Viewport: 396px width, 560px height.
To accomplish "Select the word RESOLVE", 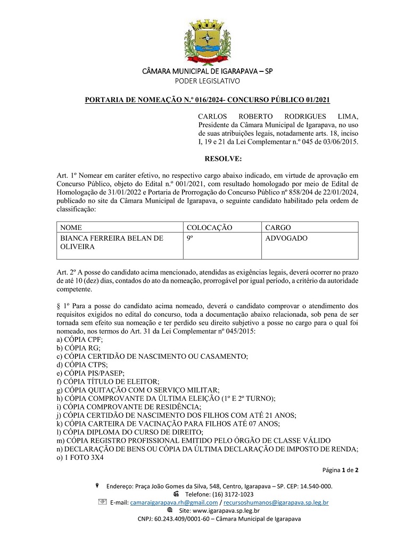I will pyautogui.click(x=223, y=158).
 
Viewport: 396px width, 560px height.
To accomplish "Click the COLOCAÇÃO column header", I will pyautogui.click(x=209, y=227).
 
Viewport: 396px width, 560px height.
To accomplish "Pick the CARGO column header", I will pyautogui.click(x=278, y=227).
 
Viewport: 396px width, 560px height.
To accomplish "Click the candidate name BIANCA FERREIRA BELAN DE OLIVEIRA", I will pyautogui.click(x=112, y=242).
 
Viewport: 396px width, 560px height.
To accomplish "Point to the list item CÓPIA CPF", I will pyautogui.click(x=80, y=339).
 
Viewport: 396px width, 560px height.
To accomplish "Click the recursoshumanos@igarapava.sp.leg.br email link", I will pyautogui.click(x=276, y=502).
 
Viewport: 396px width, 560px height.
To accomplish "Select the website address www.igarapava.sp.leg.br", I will pyautogui.click(x=220, y=510).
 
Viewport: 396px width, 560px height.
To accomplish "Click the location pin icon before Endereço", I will pyautogui.click(x=96, y=485).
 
